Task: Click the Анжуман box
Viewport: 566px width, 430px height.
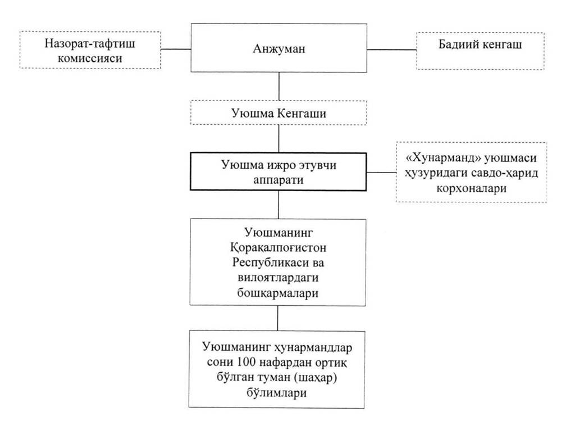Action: click(x=279, y=48)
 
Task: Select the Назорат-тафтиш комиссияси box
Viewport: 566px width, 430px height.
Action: click(x=90, y=50)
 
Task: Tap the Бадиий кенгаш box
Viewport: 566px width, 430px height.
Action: click(x=480, y=51)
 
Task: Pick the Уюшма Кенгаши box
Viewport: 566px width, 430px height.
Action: click(x=279, y=113)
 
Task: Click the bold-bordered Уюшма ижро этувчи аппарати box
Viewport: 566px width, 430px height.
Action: click(x=279, y=171)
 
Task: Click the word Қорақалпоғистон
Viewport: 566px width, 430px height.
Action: click(x=279, y=248)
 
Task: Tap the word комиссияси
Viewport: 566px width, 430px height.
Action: click(x=90, y=58)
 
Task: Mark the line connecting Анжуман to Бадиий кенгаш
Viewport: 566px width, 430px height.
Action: click(x=392, y=49)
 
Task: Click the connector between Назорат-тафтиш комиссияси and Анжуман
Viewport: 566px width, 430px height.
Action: click(x=176, y=49)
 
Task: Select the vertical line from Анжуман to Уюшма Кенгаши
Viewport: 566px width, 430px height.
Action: click(x=279, y=87)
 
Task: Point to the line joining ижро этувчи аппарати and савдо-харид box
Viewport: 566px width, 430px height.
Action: click(x=382, y=172)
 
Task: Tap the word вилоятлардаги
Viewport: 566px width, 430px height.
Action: click(x=279, y=278)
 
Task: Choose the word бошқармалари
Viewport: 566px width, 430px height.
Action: click(x=278, y=293)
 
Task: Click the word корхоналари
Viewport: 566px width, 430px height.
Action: click(x=472, y=188)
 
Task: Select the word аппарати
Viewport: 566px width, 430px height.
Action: click(x=279, y=180)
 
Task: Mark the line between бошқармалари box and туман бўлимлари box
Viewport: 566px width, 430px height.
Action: click(x=277, y=318)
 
